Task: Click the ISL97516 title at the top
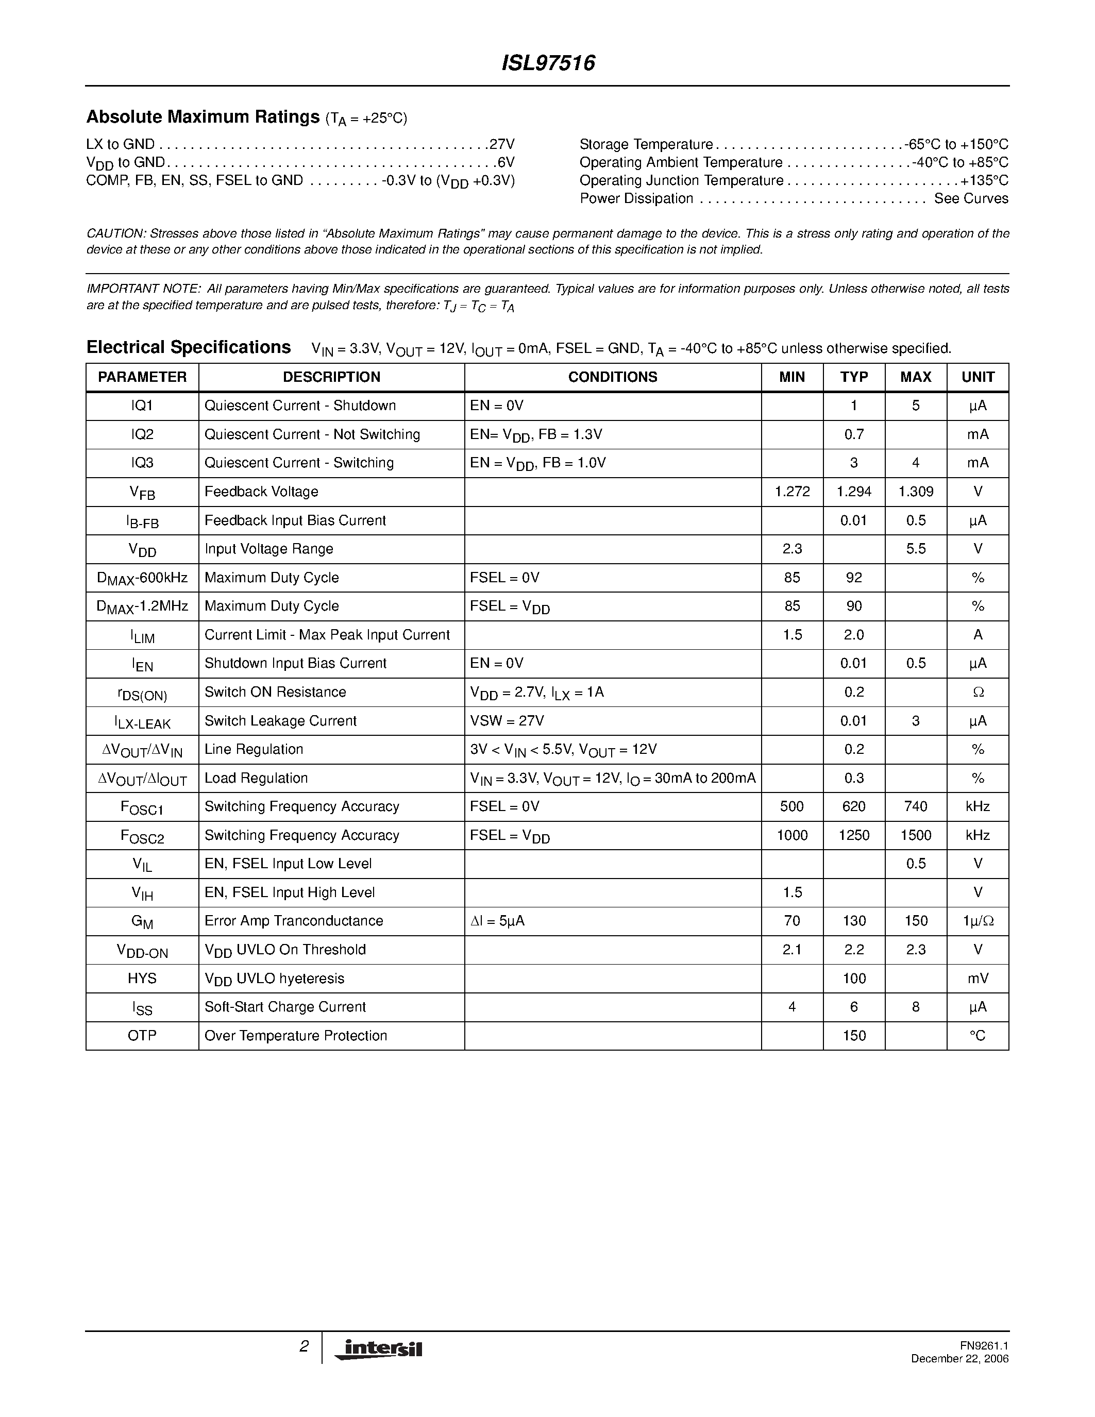[548, 63]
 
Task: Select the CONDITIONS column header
[612, 377]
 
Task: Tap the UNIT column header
[978, 377]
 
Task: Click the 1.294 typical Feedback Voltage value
[854, 492]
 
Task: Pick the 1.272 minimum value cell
[792, 492]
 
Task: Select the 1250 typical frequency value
[854, 836]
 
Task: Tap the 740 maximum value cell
[915, 806]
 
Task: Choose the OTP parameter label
[142, 1036]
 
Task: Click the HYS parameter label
[142, 979]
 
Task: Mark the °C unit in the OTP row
[978, 1036]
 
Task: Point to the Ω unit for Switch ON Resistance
[978, 693]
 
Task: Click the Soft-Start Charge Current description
[285, 1007]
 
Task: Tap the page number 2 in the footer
[304, 1347]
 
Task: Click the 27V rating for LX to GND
[501, 144]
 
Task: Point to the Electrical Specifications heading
[188, 347]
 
